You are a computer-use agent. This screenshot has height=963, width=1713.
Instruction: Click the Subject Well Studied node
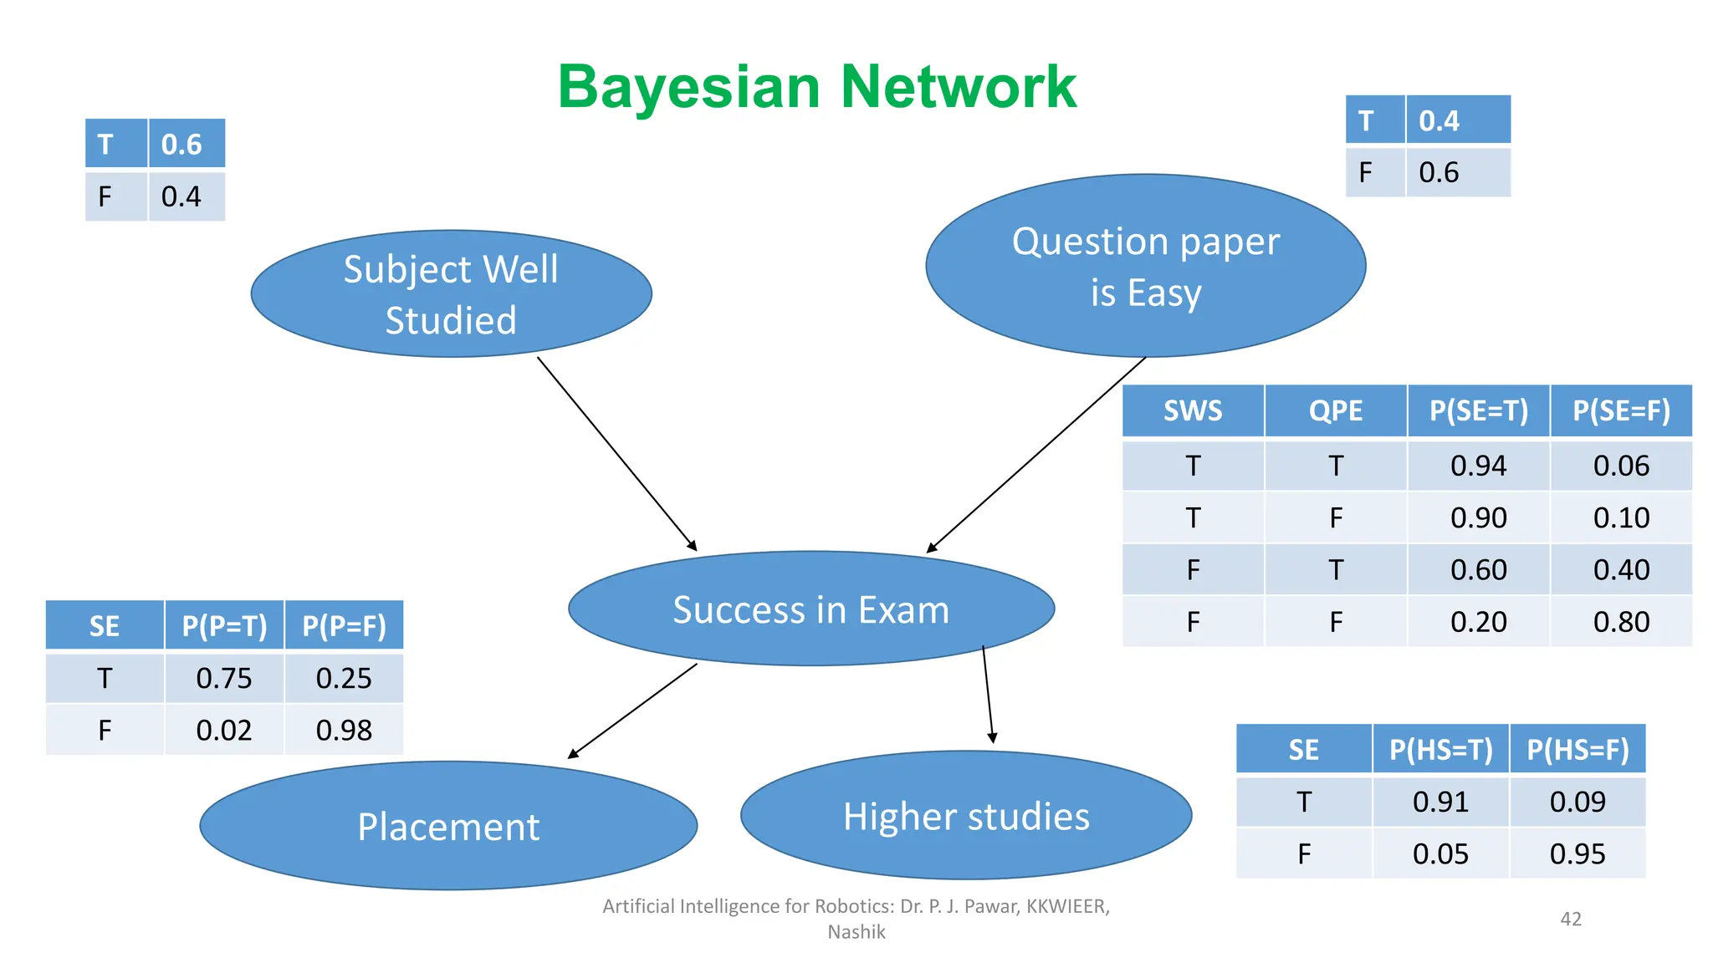[x=451, y=294]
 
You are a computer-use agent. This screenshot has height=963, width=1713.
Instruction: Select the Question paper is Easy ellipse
[x=1145, y=266]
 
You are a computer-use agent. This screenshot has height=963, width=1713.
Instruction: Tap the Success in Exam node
[x=810, y=609]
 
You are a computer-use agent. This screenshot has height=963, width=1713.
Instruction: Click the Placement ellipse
[x=448, y=826]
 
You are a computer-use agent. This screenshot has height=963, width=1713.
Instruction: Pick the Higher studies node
[x=966, y=816]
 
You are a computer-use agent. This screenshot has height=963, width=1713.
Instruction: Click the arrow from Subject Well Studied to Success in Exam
[x=616, y=453]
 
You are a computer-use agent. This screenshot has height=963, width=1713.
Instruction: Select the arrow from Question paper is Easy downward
[x=1036, y=455]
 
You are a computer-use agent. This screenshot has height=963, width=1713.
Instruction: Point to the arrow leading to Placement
[x=633, y=711]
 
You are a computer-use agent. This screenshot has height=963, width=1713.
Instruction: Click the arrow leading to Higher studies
[x=988, y=694]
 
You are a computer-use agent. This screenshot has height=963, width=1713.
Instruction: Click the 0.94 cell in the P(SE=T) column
[x=1478, y=466]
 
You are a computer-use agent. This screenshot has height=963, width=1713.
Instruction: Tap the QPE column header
[x=1335, y=410]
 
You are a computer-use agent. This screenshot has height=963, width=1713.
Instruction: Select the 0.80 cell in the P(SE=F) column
[x=1620, y=622]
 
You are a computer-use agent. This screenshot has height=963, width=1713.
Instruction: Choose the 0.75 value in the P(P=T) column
[x=223, y=678]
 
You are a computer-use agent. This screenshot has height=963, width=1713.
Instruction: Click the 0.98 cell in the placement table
[x=343, y=730]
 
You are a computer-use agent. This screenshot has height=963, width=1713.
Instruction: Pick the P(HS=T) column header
[x=1440, y=750]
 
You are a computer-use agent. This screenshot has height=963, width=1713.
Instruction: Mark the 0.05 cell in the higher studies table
[x=1440, y=853]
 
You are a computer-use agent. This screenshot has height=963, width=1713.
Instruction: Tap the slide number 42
[x=1571, y=919]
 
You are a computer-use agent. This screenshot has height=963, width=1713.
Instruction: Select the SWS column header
[x=1193, y=410]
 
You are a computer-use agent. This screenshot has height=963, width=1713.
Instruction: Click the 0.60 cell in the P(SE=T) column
[x=1478, y=570]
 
